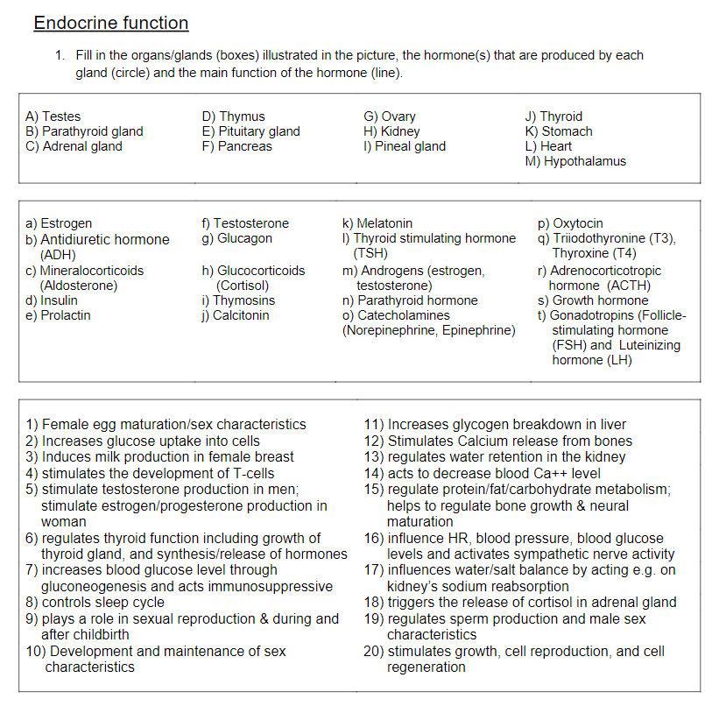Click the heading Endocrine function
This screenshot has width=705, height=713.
(110, 23)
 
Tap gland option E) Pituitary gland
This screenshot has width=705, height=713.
(250, 131)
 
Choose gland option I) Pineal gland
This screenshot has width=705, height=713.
(405, 146)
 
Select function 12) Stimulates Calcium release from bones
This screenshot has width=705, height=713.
(497, 441)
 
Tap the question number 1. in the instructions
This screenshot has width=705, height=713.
(60, 55)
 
